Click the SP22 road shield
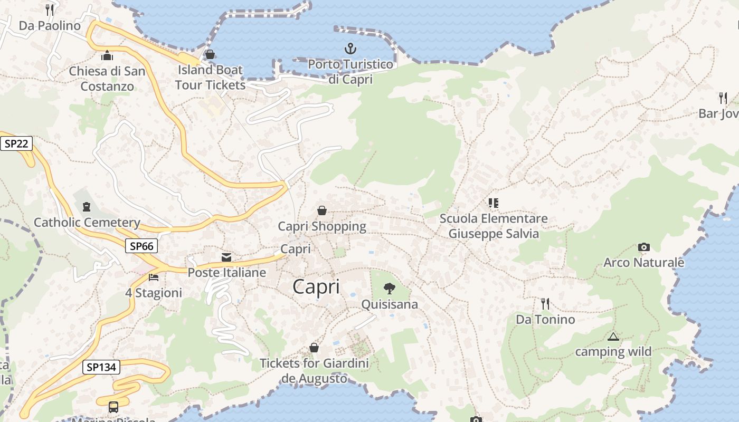click(16, 143)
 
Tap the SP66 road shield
click(141, 246)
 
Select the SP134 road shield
click(101, 367)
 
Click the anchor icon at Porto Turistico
click(350, 49)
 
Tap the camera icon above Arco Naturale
click(643, 247)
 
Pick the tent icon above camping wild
click(613, 337)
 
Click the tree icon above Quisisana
click(390, 289)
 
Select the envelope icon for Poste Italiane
click(226, 257)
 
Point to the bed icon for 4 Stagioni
click(154, 277)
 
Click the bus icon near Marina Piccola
click(113, 407)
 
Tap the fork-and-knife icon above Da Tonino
click(545, 303)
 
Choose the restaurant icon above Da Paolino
click(50, 9)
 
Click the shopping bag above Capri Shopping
click(322, 210)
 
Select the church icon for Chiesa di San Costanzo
click(107, 55)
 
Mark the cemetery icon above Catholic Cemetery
click(87, 207)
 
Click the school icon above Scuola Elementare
click(494, 203)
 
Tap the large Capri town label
click(316, 287)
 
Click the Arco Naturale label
click(643, 262)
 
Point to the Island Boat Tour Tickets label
click(210, 77)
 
